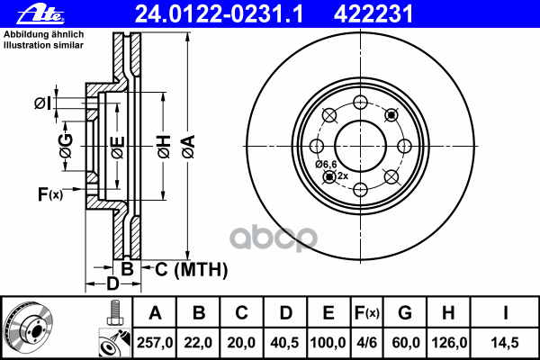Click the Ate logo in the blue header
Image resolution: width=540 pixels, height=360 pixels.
click(x=40, y=14)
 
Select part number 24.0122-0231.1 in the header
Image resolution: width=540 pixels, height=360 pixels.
click(x=219, y=14)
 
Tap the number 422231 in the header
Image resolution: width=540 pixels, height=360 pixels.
click(x=373, y=14)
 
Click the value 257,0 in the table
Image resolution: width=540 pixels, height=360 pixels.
click(x=155, y=343)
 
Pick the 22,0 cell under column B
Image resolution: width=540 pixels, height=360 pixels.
click(x=198, y=343)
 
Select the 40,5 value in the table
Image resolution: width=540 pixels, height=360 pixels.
click(x=284, y=343)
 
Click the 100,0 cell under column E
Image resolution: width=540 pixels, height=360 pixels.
click(x=328, y=343)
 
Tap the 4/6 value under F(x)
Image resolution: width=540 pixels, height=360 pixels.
click(x=367, y=343)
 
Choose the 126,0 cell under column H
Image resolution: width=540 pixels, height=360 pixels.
click(x=449, y=343)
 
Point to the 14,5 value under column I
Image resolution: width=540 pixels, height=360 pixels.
click(x=505, y=343)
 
